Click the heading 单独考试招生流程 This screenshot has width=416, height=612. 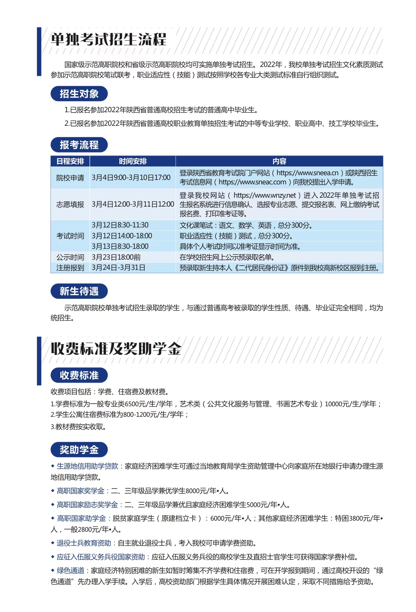point(108,39)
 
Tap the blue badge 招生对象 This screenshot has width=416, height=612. point(79,94)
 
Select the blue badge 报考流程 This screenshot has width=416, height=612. point(79,145)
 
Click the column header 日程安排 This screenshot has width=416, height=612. point(70,161)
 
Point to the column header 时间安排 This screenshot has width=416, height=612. point(133,161)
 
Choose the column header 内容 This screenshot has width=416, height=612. point(279,161)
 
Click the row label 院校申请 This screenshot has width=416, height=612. point(70,178)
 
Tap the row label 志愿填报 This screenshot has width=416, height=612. point(70,205)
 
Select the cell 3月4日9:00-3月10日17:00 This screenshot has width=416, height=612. point(131,178)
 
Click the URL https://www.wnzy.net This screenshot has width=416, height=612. point(264,195)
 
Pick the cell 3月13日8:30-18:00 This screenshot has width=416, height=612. point(120,246)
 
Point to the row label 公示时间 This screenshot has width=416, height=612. point(70,257)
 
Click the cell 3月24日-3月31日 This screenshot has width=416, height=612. point(118,268)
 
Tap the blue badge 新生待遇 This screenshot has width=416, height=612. point(79,291)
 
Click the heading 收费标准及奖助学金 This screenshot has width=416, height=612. point(116,349)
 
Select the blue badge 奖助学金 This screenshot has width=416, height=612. point(79,450)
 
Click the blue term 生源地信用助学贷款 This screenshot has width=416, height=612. point(87,466)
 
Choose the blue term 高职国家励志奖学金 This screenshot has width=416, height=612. point(87,505)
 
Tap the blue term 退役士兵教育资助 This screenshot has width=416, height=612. point(84,543)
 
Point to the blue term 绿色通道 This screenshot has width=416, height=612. point(70,570)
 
